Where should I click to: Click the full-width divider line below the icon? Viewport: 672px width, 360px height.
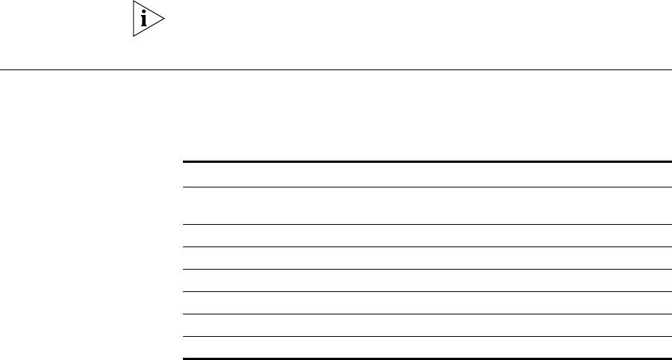point(336,70)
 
